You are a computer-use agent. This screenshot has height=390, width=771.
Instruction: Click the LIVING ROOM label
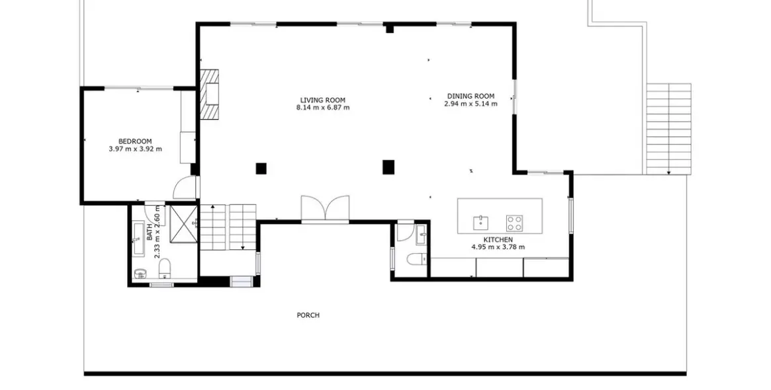pyautogui.click(x=323, y=100)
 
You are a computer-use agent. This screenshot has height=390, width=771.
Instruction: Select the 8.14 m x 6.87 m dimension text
pyautogui.click(x=323, y=108)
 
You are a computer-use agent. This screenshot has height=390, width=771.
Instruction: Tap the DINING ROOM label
pyautogui.click(x=471, y=97)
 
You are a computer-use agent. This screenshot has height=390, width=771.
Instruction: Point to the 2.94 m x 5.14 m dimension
pyautogui.click(x=471, y=104)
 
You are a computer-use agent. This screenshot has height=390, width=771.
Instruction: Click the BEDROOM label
pyautogui.click(x=135, y=141)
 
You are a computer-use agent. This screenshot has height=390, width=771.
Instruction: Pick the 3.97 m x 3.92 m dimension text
pyautogui.click(x=135, y=149)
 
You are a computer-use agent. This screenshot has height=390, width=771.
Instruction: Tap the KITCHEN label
pyautogui.click(x=498, y=240)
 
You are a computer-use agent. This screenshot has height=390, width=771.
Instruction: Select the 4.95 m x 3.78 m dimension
pyautogui.click(x=498, y=247)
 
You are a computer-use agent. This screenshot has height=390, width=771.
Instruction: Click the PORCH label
pyautogui.click(x=308, y=315)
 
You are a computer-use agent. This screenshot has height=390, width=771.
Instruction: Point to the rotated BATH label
pyautogui.click(x=150, y=232)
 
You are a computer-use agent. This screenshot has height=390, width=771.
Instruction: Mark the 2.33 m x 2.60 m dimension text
pyautogui.click(x=158, y=232)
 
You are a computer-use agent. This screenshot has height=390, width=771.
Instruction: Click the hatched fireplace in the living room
pyautogui.click(x=209, y=95)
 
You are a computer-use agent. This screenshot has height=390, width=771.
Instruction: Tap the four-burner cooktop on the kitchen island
pyautogui.click(x=514, y=223)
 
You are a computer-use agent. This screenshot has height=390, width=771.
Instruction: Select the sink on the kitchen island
pyautogui.click(x=480, y=223)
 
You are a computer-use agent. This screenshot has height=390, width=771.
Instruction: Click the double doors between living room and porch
pyautogui.click(x=326, y=210)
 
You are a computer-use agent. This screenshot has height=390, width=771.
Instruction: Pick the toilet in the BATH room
pyautogui.click(x=165, y=268)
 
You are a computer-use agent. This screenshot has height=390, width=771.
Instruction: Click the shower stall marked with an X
pyautogui.click(x=183, y=224)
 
